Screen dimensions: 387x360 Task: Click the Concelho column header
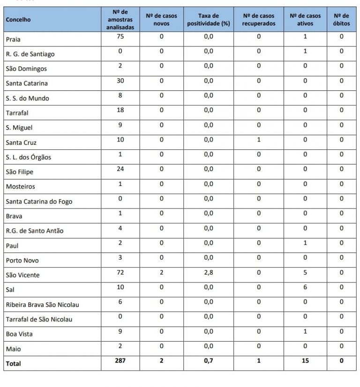[18, 20]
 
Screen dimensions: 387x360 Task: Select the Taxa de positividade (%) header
[208, 20]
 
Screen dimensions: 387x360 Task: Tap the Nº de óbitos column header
[341, 20]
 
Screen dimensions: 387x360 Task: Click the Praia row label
[13, 39]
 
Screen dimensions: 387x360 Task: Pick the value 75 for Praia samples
[120, 37]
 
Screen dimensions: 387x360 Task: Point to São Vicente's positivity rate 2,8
[209, 272]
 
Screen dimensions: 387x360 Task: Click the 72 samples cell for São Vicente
[120, 272]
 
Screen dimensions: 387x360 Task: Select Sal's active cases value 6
[305, 287]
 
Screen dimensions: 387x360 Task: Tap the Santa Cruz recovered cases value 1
[258, 140]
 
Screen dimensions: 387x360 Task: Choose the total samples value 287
[120, 361]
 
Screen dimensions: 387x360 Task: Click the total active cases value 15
[305, 361]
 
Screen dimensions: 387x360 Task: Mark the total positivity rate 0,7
[209, 361]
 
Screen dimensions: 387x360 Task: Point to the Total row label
[14, 364]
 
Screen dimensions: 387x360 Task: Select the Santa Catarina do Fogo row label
[39, 201]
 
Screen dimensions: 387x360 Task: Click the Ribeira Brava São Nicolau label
[42, 305]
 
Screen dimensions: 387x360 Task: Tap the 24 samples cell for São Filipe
[120, 169]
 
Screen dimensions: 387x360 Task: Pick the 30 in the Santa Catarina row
[120, 81]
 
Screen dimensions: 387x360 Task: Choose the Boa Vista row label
[19, 334]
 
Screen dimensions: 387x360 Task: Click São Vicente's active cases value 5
[305, 272]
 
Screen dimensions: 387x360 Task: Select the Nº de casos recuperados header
[258, 20]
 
